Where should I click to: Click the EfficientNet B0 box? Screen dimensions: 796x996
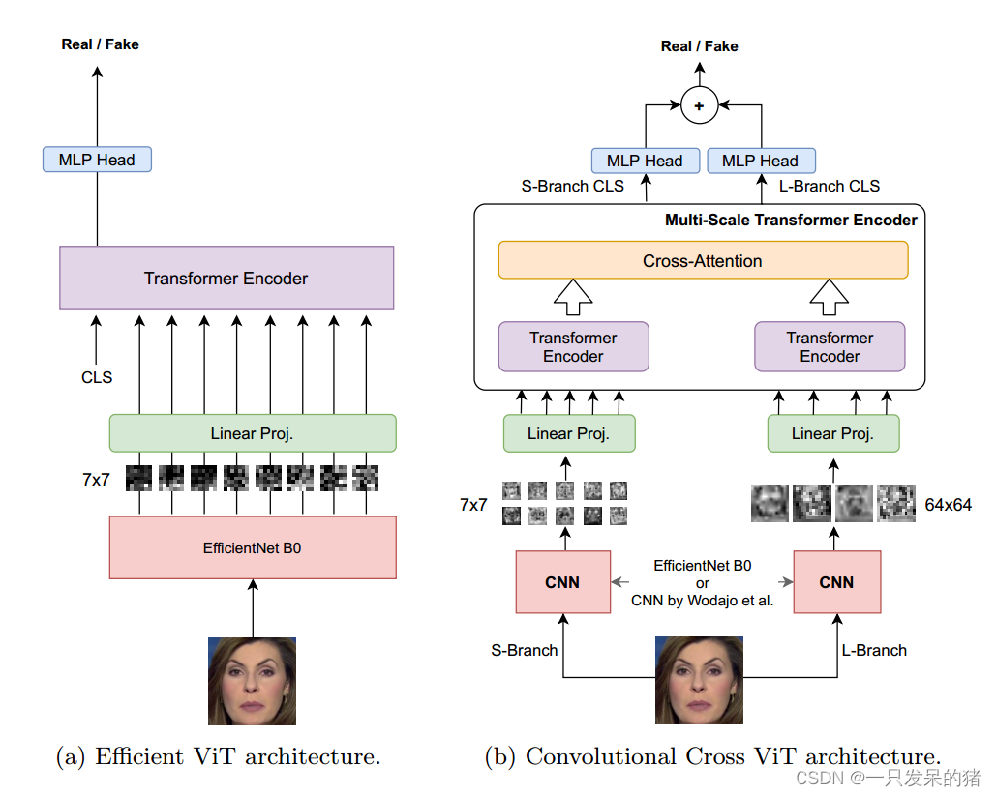(253, 547)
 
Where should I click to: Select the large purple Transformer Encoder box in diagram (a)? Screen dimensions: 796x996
(226, 278)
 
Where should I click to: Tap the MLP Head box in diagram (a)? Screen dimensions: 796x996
(97, 160)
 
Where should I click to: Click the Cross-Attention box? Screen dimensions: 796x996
(703, 260)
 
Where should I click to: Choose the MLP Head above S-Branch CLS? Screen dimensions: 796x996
(645, 161)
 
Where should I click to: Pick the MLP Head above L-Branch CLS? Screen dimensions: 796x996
(761, 161)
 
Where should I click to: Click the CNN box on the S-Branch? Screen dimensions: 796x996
(562, 582)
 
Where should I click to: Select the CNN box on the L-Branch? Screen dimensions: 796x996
(836, 582)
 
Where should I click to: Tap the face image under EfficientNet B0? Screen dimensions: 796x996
(252, 681)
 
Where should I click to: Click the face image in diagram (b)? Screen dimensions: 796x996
(699, 680)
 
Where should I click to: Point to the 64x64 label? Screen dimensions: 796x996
(947, 505)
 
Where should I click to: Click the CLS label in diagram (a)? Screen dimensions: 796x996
(97, 377)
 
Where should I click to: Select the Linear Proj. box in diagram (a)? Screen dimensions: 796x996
(253, 433)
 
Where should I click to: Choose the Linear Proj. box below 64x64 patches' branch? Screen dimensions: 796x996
(832, 433)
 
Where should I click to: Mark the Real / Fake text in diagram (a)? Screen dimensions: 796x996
(100, 44)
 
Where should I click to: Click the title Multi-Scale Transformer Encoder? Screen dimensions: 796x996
(791, 220)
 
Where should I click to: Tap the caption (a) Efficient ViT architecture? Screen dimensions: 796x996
(218, 756)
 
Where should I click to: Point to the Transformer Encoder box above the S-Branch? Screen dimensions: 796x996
(573, 347)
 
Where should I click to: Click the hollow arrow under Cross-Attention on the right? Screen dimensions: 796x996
(829, 298)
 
